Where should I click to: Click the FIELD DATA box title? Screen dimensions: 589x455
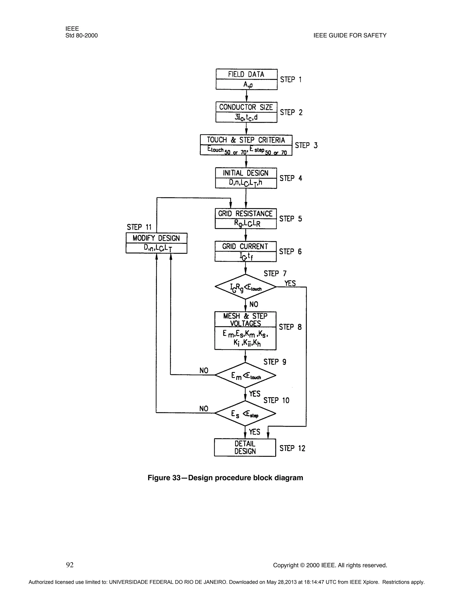click(246, 74)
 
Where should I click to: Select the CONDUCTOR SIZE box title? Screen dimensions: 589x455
click(246, 107)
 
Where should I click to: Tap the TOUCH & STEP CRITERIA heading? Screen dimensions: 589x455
click(246, 140)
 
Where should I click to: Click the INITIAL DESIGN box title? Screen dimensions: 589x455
click(245, 173)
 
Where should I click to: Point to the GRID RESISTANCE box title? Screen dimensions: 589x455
click(245, 214)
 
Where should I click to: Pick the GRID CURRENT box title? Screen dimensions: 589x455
click(245, 246)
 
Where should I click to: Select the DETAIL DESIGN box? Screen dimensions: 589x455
click(245, 447)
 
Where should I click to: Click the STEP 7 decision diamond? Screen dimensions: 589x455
click(245, 287)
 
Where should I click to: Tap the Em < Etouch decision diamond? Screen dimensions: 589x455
click(245, 375)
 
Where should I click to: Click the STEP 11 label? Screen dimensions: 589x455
click(139, 227)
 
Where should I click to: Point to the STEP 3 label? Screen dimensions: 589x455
click(306, 145)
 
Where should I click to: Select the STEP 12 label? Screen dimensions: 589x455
click(292, 448)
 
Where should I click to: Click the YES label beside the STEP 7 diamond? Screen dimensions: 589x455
click(290, 283)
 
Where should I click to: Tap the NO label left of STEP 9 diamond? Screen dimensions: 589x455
click(204, 371)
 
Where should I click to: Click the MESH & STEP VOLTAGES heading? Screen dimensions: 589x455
click(245, 320)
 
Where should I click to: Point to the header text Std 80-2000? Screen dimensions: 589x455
click(81, 36)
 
